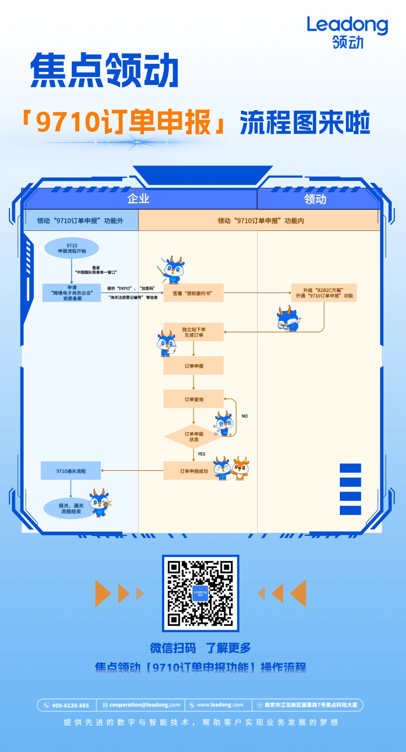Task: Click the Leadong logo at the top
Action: (347, 32)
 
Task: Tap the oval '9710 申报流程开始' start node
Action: (71, 248)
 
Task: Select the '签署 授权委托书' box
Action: (193, 293)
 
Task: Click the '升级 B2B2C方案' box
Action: (324, 293)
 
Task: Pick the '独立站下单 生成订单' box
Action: (194, 332)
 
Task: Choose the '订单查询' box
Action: (194, 399)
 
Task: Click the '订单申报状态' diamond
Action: (194, 437)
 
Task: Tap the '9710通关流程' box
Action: (71, 471)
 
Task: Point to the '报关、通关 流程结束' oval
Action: (71, 508)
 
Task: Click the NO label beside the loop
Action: (244, 416)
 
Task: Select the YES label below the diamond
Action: (201, 454)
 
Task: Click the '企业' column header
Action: (138, 199)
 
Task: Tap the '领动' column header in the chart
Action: (315, 199)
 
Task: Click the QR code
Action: (201, 593)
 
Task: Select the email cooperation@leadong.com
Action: (145, 705)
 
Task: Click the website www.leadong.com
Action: (220, 705)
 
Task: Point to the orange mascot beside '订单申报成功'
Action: (241, 468)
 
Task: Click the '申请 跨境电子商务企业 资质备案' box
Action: (72, 293)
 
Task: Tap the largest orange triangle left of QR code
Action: (103, 593)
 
